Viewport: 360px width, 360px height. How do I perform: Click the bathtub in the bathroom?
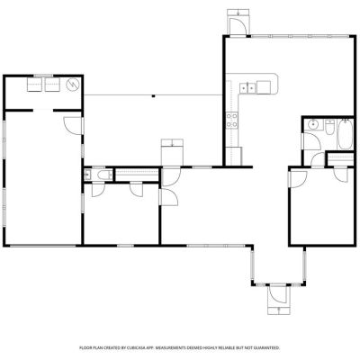346,134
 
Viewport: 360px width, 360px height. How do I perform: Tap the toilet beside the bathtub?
329,127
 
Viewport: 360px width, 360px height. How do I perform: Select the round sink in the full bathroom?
313,123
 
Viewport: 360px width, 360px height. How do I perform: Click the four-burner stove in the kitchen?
232,120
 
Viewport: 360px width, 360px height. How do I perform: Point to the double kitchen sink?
247,87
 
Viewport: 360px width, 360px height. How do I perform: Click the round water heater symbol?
73,85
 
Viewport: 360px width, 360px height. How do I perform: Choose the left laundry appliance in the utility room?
35,85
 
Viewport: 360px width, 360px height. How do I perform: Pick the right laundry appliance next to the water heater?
53,85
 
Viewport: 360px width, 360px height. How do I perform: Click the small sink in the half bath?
87,174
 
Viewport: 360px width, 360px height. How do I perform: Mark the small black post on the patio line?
153,96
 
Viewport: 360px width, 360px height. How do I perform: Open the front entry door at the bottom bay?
277,294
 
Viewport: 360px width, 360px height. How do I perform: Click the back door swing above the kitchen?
238,26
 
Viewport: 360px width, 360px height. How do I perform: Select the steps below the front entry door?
279,310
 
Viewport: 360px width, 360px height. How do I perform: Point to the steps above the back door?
238,13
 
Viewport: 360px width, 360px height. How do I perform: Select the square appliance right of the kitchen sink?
264,87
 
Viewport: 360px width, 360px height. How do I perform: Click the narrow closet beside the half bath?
137,175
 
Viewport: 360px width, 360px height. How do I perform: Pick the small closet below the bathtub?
340,158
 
